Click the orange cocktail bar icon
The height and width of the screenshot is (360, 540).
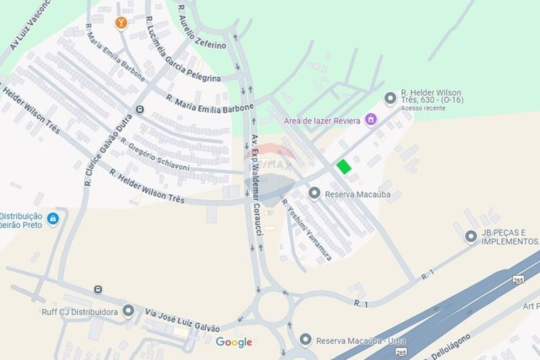tap(120, 23)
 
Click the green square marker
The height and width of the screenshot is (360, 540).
tap(343, 167)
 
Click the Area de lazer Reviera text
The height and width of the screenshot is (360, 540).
tap(322, 121)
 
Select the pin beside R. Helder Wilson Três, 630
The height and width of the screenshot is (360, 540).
tap(390, 98)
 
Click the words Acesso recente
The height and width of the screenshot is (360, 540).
tap(423, 108)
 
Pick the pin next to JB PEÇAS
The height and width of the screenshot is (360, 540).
tap(471, 236)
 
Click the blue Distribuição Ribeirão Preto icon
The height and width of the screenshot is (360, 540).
tap(52, 219)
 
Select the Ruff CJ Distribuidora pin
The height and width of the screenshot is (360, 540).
tap(128, 311)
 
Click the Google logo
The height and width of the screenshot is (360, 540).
tap(234, 342)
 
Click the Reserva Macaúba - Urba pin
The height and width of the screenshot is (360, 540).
tap(306, 339)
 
